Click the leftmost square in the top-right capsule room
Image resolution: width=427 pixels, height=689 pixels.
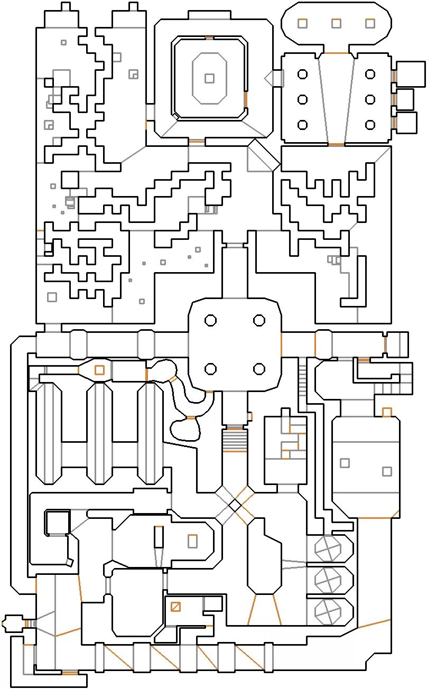coord(302,23)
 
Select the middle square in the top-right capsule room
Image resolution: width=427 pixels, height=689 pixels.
coord(336,23)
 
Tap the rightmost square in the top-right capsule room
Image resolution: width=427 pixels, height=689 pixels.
coord(370,23)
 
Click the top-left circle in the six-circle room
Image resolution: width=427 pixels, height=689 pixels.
coord(302,75)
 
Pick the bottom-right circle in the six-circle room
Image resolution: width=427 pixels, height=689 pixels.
coord(370,125)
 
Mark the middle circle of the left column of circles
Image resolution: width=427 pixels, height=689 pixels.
coord(302,99)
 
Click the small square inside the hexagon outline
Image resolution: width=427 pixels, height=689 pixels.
coord(209,78)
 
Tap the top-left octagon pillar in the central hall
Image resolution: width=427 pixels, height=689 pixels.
coord(210,320)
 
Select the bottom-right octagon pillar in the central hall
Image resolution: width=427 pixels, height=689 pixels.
coord(259,369)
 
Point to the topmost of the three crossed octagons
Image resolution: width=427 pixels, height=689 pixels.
coord(328,548)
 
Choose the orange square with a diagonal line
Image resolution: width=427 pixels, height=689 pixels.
coord(175,607)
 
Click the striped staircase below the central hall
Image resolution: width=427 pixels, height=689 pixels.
coord(234,440)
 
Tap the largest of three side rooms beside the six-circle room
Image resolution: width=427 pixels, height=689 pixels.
coord(411,74)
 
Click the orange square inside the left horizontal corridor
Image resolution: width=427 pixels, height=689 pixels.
coord(99,370)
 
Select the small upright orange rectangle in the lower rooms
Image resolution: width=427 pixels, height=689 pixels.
coord(192,541)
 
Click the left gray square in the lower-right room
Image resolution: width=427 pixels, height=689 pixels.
coord(345,463)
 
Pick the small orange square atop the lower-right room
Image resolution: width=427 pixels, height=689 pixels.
coord(387,412)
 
